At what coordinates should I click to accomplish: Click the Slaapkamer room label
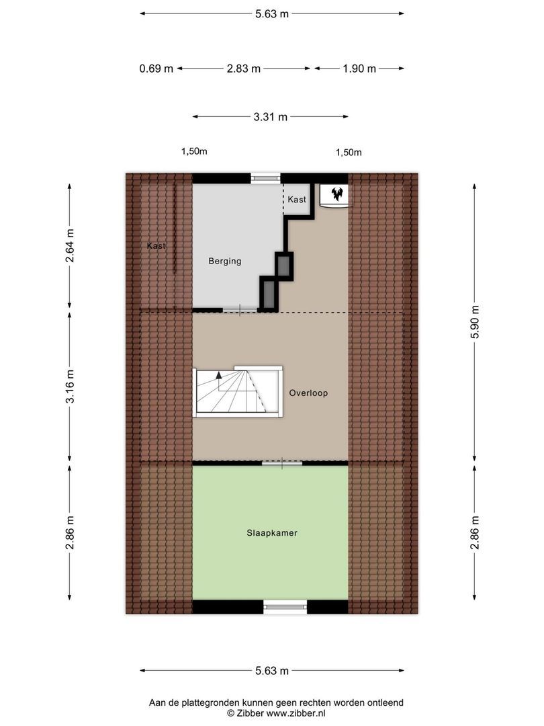(x=271, y=533)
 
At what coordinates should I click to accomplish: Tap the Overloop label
(x=308, y=393)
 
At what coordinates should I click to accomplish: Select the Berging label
(x=225, y=261)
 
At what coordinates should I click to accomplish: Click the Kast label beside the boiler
(x=297, y=200)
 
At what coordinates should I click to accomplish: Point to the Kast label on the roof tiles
(x=156, y=246)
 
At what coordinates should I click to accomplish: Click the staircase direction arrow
(x=218, y=380)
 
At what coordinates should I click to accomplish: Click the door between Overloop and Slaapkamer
(x=282, y=463)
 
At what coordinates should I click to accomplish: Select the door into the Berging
(x=240, y=310)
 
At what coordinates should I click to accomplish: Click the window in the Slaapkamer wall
(x=285, y=606)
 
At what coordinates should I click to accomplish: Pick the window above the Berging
(x=266, y=177)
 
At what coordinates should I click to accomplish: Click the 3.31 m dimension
(x=271, y=117)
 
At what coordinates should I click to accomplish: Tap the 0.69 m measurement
(x=156, y=69)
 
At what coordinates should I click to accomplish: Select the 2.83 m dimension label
(x=244, y=69)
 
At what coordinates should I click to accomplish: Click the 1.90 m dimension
(x=359, y=69)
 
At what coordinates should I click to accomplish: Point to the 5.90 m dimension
(x=475, y=322)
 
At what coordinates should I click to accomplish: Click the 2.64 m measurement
(x=70, y=245)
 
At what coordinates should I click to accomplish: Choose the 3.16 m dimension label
(x=70, y=386)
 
